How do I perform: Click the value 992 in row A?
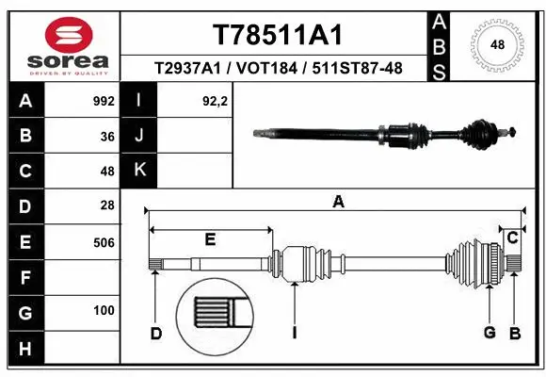104,101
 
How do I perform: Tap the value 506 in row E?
104,241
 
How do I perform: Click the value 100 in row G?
104,311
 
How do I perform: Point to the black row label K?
139,171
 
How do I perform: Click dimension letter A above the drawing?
339,201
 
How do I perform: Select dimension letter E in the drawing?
211,239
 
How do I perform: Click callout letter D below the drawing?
155,333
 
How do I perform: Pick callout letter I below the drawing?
294,333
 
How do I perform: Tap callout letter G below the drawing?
490,333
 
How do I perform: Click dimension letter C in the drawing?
512,238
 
